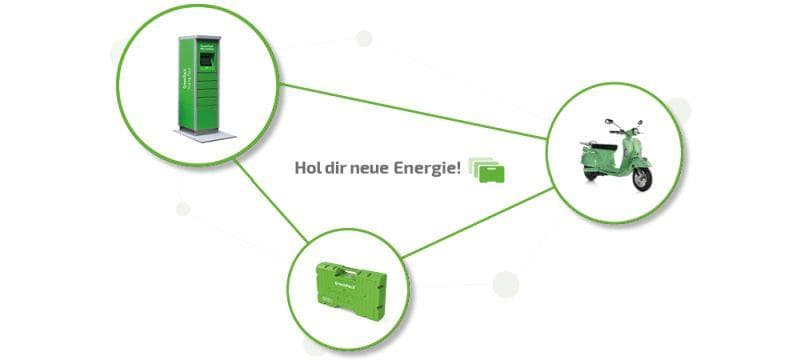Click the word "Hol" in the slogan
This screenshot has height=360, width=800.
[308, 169]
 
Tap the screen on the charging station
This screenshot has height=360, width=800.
[206, 63]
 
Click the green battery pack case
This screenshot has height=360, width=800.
[350, 295]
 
